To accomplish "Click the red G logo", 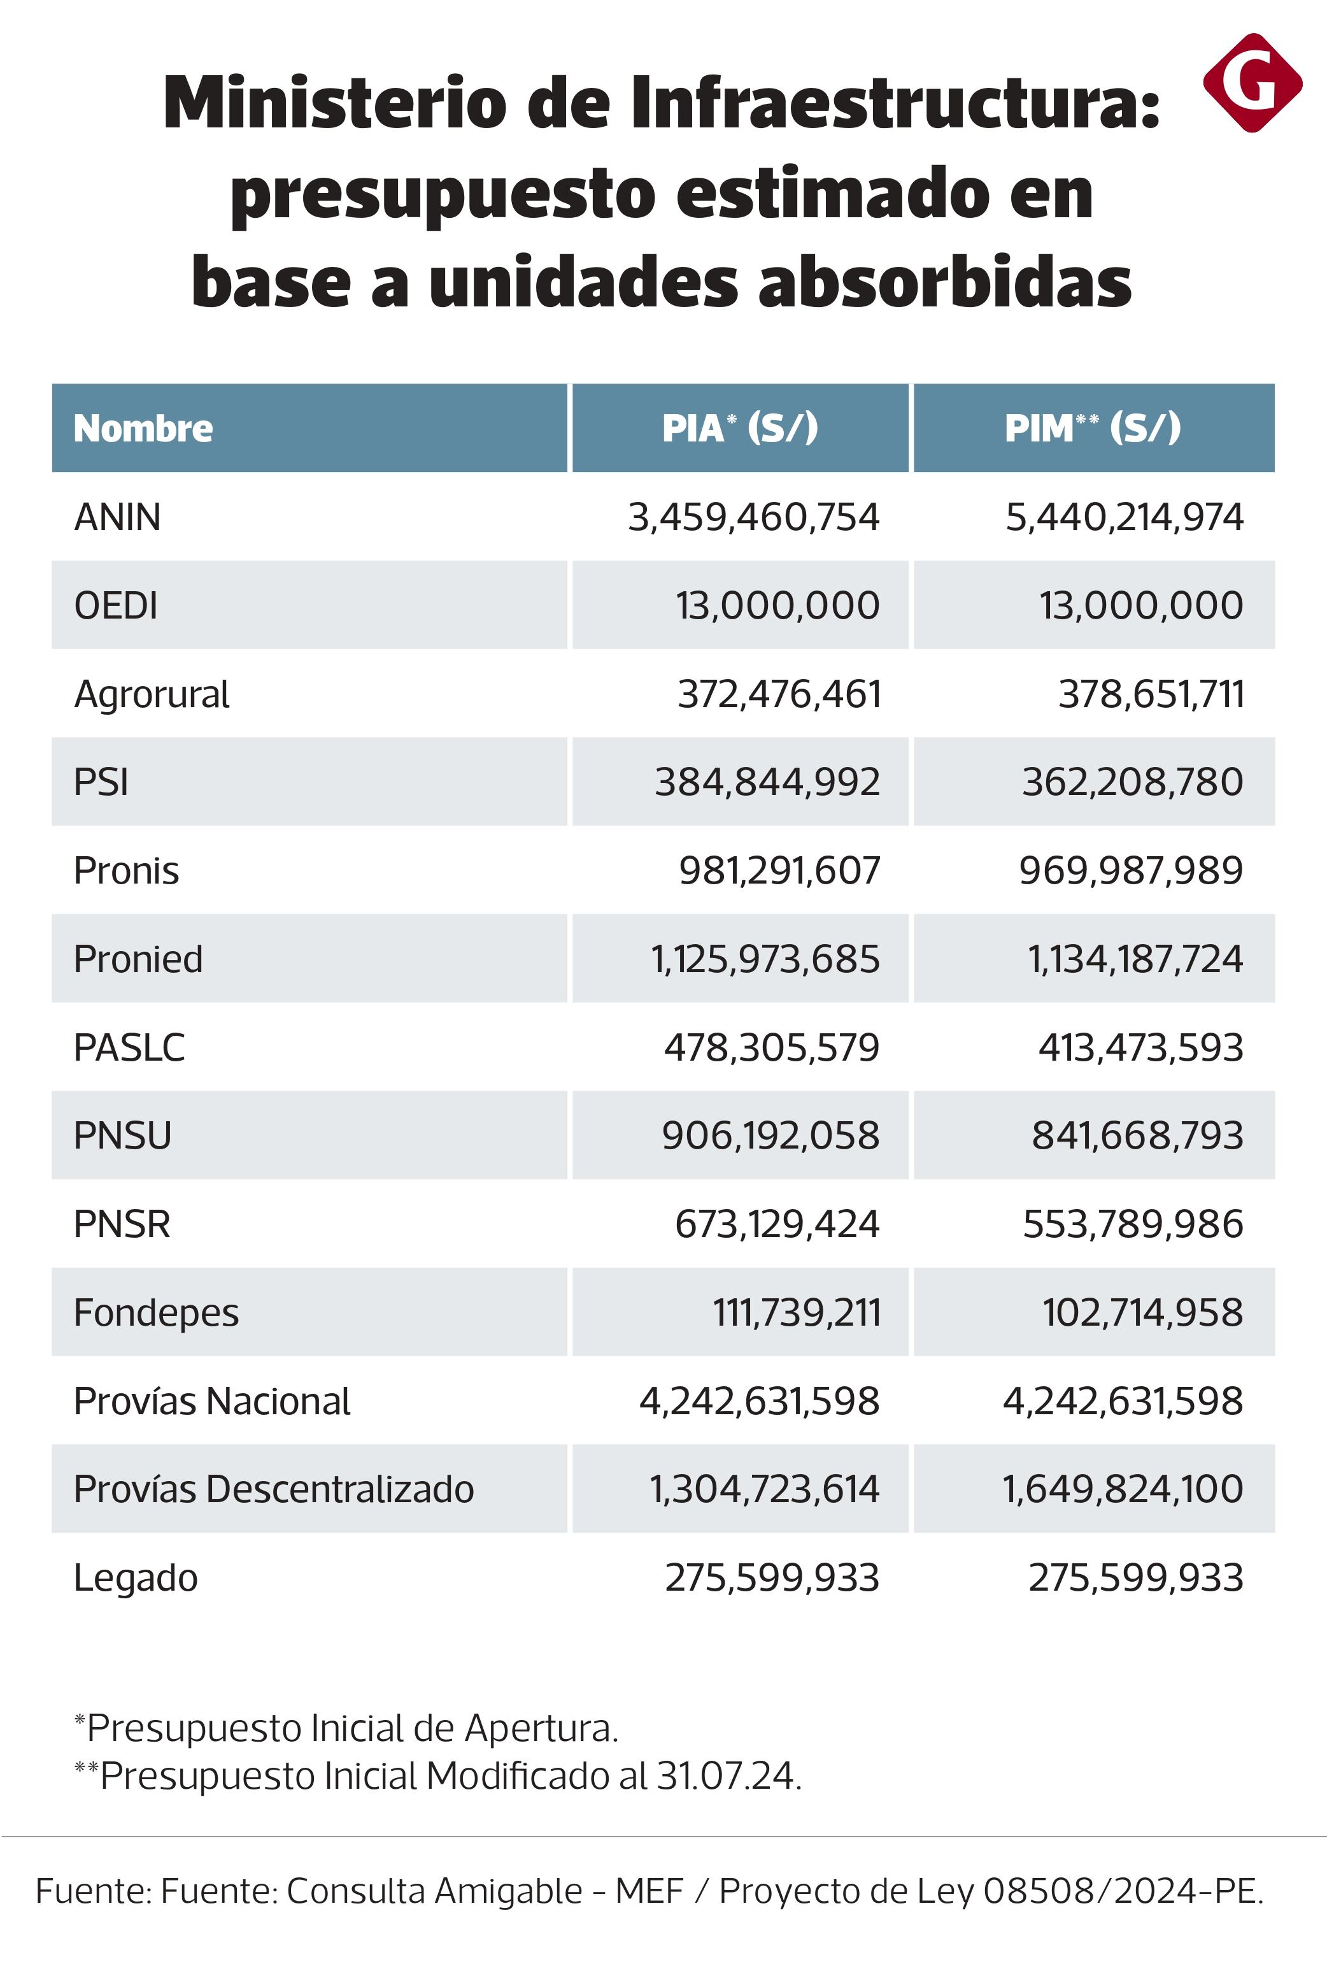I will pyautogui.click(x=1252, y=82).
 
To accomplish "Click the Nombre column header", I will pyautogui.click(x=143, y=429).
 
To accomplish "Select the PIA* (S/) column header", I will pyautogui.click(x=740, y=429).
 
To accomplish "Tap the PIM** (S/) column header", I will pyautogui.click(x=1092, y=429).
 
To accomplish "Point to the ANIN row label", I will pyautogui.click(x=118, y=517).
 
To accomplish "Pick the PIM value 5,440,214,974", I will pyautogui.click(x=1124, y=517).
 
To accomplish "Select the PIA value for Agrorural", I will pyautogui.click(x=779, y=694).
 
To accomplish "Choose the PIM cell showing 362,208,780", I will pyautogui.click(x=1132, y=782).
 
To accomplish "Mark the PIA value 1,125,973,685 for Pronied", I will pyautogui.click(x=765, y=959).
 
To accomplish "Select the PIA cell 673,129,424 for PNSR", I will pyautogui.click(x=777, y=1224).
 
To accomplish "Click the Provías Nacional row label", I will pyautogui.click(x=211, y=1401).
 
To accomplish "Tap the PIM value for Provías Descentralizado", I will pyautogui.click(x=1122, y=1489).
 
